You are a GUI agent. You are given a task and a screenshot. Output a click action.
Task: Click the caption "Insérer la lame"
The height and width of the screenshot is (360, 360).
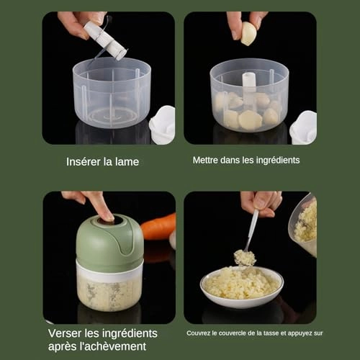(x=102, y=161)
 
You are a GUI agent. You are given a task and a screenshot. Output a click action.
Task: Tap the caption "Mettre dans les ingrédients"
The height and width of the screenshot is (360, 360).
(x=246, y=160)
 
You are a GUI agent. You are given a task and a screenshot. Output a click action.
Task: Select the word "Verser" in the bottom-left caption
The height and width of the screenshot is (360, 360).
(x=66, y=333)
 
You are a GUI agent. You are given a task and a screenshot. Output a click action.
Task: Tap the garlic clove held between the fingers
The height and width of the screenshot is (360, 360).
(x=248, y=33)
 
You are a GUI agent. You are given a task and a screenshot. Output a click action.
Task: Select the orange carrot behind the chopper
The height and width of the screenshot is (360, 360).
(x=159, y=227)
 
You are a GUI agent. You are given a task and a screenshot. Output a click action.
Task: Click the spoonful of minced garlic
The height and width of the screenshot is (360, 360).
(x=245, y=258)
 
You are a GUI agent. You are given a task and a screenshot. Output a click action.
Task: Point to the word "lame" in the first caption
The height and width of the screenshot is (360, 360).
(x=126, y=161)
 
